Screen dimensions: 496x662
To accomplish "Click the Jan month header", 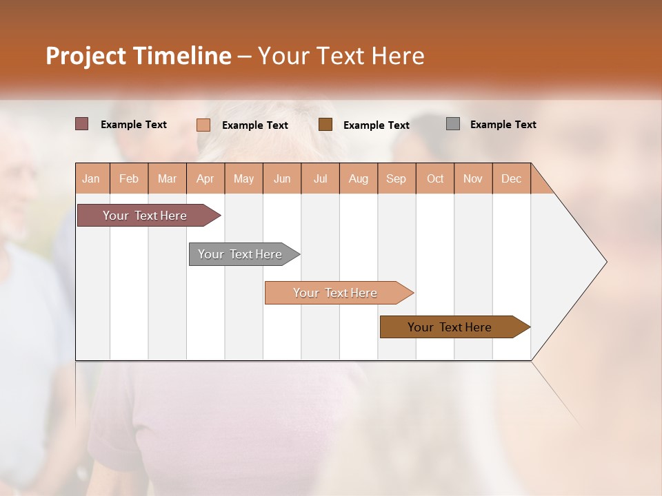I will tap(92, 178).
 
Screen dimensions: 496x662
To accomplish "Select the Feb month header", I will tap(129, 178).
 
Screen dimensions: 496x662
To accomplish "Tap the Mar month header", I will tap(167, 178).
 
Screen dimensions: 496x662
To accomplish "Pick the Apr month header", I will tap(205, 178).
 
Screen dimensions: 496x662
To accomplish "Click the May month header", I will tap(243, 178).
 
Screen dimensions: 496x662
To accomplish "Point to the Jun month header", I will tap(282, 178).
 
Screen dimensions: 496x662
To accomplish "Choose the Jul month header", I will tap(320, 178).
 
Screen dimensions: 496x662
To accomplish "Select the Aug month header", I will tap(359, 178).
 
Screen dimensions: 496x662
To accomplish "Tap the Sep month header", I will tap(397, 178).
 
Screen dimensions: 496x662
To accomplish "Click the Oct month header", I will tap(435, 178).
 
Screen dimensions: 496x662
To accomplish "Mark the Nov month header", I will tap(473, 178).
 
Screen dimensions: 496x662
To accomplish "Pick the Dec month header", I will tap(512, 178).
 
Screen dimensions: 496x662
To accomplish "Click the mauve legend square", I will tap(82, 124).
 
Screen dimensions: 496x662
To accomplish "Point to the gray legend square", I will tap(453, 124).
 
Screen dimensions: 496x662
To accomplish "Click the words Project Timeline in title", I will tap(139, 56).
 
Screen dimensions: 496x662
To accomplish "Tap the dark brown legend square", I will tap(325, 124).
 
